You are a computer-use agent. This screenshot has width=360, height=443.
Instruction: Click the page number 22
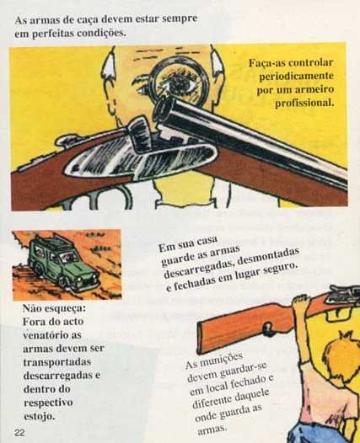(x=19, y=433)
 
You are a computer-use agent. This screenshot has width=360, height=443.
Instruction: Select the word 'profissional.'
(x=304, y=103)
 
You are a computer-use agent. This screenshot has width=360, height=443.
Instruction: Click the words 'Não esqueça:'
(x=54, y=308)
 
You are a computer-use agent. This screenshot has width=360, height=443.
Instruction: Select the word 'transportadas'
(x=56, y=362)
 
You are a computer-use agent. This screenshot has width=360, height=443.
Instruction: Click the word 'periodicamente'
(x=296, y=77)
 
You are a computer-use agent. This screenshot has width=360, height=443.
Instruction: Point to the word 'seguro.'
(x=280, y=270)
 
